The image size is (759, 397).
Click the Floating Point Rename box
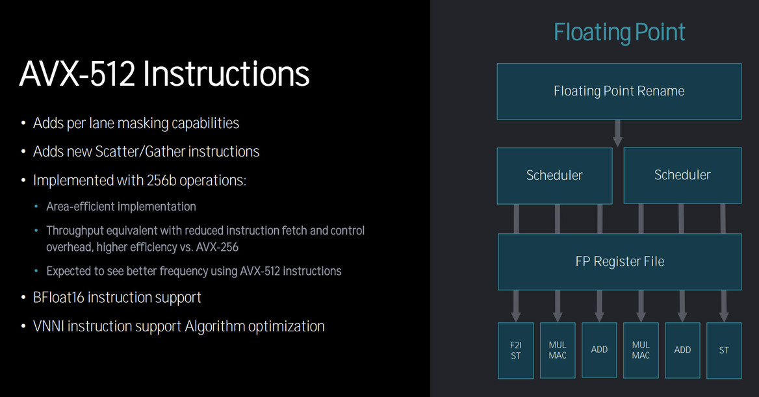[x=619, y=91]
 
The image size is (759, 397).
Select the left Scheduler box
[x=554, y=175]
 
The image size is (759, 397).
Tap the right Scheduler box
[x=682, y=175]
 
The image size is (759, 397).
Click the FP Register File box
[x=619, y=262]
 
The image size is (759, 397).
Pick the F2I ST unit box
[x=515, y=350]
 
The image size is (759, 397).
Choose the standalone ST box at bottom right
[x=723, y=350]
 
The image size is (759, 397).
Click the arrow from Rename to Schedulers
[x=618, y=133]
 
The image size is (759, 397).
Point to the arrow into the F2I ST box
[x=515, y=305]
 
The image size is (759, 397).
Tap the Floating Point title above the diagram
[x=619, y=32]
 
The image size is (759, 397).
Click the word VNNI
[x=49, y=326]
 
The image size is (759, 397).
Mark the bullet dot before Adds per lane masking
[x=24, y=123]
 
